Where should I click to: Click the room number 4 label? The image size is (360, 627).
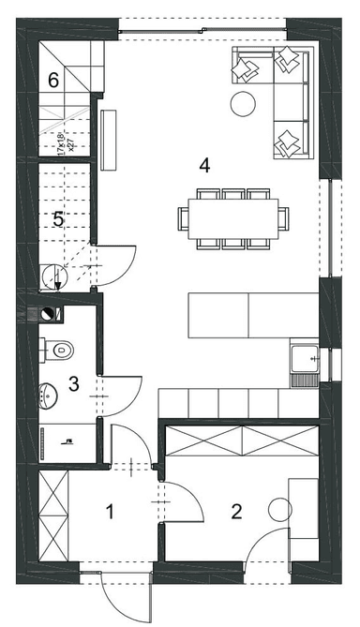point(205,166)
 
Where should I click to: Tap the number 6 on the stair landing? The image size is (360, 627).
point(53,81)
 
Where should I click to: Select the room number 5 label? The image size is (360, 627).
point(58,220)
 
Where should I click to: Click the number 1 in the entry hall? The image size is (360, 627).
point(110,512)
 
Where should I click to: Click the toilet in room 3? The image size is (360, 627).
point(58,351)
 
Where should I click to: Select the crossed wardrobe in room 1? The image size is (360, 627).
point(55,515)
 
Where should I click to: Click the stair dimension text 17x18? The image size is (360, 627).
point(62,146)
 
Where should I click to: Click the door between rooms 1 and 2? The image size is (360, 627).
point(185,502)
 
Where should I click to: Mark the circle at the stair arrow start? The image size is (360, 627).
point(51,275)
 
